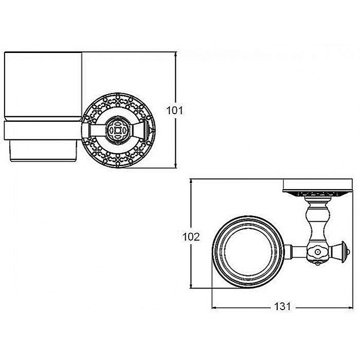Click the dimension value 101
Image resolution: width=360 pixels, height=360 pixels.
(x=175, y=111)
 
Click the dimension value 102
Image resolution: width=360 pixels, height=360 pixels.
(x=191, y=237)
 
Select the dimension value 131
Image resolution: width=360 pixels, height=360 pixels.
(x=282, y=307)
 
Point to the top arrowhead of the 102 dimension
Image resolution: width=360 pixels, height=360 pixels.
(x=191, y=182)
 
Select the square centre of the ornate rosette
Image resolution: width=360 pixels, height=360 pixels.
(x=118, y=131)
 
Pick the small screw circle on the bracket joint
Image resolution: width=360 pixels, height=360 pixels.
(x=318, y=252)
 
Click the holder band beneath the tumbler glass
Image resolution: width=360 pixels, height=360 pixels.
(x=43, y=131)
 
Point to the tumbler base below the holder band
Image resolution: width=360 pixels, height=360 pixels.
(x=43, y=151)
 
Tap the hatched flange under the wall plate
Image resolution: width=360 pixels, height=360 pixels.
(x=317, y=194)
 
